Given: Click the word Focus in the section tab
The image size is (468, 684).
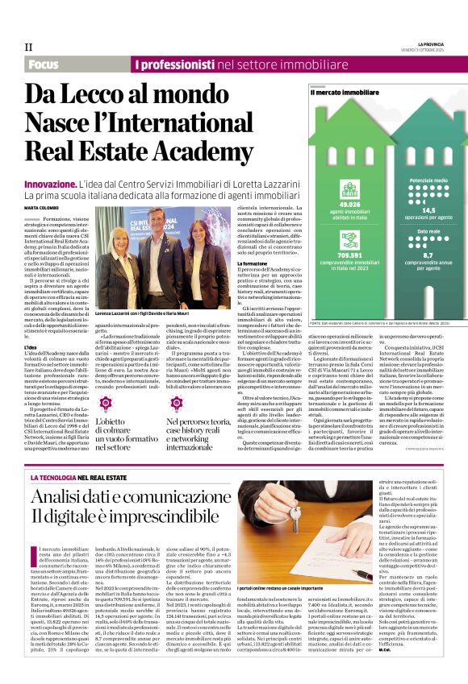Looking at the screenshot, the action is coord(43,64).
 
